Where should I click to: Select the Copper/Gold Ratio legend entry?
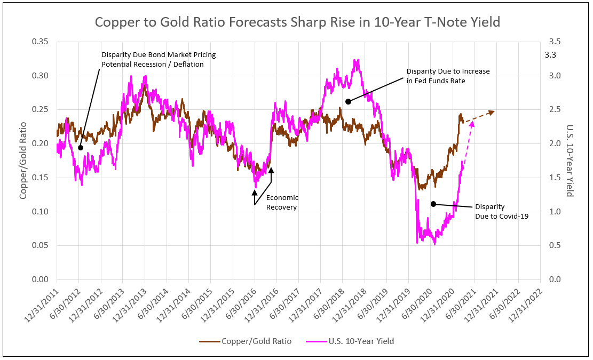(x=246, y=341)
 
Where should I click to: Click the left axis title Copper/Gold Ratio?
(x=23, y=160)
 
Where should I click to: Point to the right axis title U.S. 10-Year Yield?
(x=570, y=160)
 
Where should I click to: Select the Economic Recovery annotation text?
(x=282, y=202)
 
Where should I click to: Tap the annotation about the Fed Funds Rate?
(x=448, y=76)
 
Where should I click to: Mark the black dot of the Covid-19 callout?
(x=433, y=204)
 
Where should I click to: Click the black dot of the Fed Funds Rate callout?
(x=348, y=101)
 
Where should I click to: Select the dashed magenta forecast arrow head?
(x=471, y=126)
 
